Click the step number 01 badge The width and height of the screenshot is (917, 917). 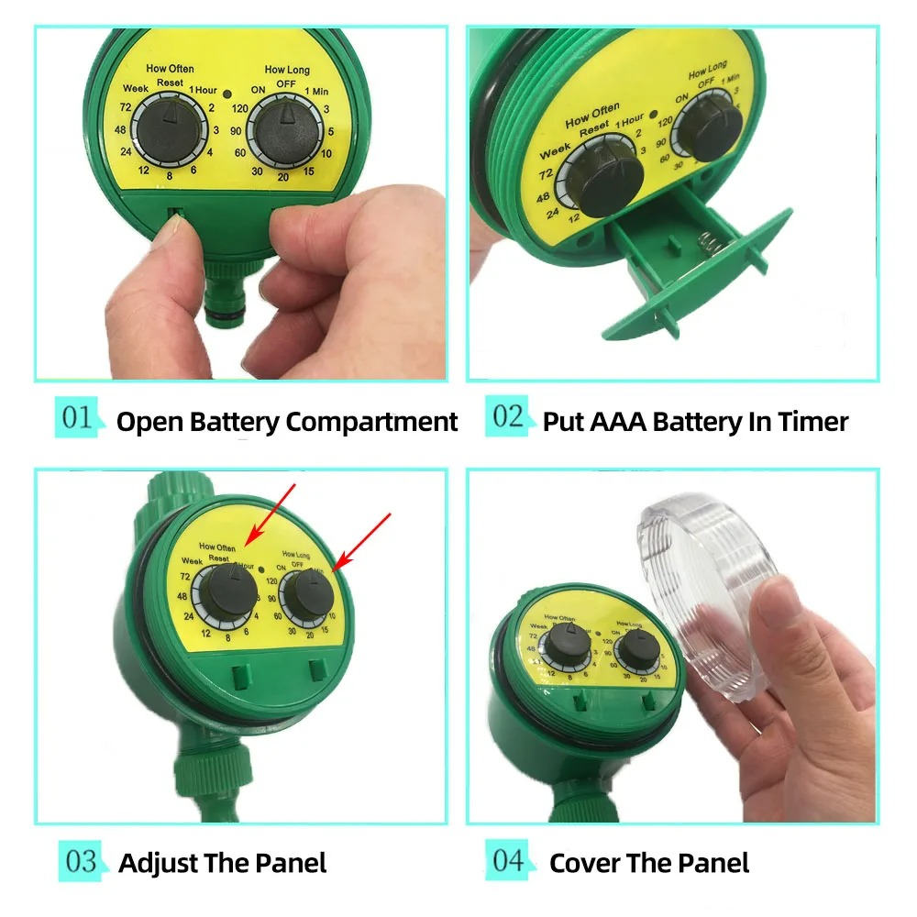[x=78, y=418]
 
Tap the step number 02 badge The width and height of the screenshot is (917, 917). [x=507, y=418]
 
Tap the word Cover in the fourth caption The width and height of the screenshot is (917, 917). [x=583, y=863]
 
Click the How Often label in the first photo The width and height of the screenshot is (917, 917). [x=170, y=69]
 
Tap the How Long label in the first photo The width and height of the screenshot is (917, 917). [x=287, y=69]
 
